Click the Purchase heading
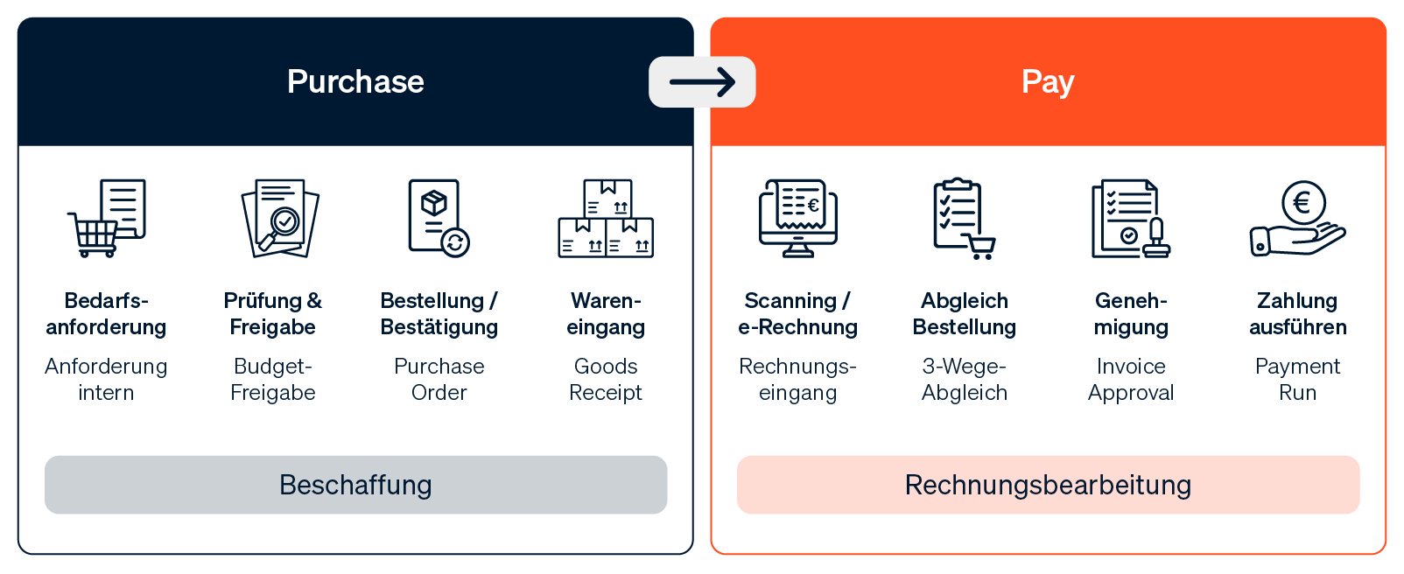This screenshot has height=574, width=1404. point(355,81)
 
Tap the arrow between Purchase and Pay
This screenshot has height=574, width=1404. point(702,82)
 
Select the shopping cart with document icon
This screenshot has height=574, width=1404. point(107,218)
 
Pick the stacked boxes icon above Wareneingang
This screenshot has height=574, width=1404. point(606,218)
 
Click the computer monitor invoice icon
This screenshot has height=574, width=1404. point(798,218)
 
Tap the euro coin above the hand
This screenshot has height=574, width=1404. point(1303,202)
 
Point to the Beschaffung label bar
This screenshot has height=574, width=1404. point(355,485)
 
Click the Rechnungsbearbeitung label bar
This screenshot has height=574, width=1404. point(1048,485)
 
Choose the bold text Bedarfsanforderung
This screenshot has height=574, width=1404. point(106,314)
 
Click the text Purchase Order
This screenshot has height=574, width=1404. point(439,379)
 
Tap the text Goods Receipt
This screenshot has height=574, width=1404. point(606,379)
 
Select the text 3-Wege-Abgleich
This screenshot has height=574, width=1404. point(964,379)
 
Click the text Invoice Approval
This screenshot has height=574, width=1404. point(1131,379)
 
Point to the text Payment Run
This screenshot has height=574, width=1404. point(1297,379)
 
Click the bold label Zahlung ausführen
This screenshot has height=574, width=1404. point(1297,314)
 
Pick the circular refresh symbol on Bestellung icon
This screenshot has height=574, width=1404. point(456,242)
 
